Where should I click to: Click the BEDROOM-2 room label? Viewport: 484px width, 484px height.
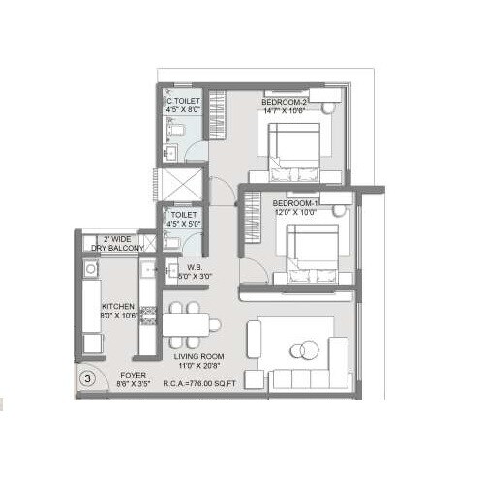coord(284,101)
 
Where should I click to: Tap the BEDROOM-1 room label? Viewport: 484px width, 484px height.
coord(296,203)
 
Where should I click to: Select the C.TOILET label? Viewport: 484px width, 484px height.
coord(183,101)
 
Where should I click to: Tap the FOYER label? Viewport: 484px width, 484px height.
coord(133,374)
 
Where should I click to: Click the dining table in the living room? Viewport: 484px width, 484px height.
coord(184,323)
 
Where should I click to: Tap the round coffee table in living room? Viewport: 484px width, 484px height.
coord(307,349)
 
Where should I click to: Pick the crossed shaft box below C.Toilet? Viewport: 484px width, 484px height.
coord(184,184)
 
